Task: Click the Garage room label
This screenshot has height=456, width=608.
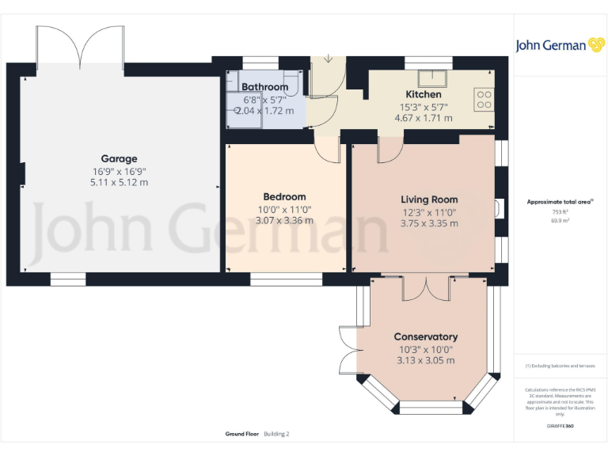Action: click(x=119, y=158)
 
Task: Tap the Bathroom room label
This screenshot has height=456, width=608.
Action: click(x=264, y=87)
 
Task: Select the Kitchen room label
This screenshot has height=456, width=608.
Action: click(x=423, y=94)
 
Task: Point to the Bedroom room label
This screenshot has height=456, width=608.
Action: click(x=284, y=196)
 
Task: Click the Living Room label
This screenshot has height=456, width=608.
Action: click(x=429, y=199)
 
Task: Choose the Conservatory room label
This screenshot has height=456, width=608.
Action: click(x=426, y=336)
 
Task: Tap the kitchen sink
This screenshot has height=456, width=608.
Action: click(x=434, y=78)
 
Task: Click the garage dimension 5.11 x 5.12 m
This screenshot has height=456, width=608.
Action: click(x=119, y=182)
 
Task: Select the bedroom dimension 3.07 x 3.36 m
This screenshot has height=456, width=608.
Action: click(x=284, y=220)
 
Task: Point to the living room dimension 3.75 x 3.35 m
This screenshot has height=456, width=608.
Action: click(x=429, y=223)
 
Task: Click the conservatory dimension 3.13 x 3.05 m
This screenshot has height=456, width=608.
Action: click(x=426, y=360)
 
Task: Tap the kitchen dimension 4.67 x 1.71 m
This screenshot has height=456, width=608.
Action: click(x=423, y=118)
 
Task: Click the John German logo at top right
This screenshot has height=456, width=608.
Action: click(x=560, y=45)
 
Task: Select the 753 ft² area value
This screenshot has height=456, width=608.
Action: click(x=560, y=212)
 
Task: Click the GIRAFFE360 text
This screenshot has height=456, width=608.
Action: click(x=560, y=427)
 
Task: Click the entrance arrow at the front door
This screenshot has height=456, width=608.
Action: click(x=329, y=60)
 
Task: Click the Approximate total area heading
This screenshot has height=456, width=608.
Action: click(x=559, y=202)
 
